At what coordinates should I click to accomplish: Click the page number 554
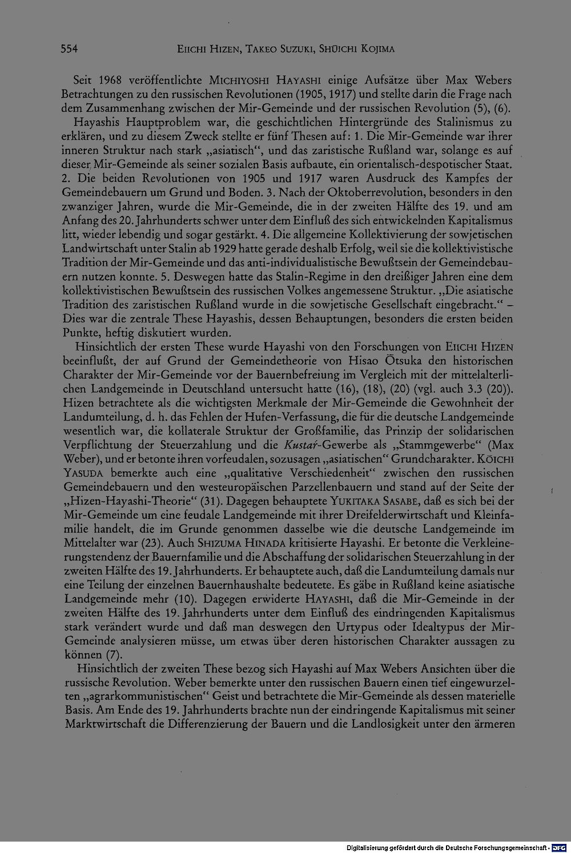[69, 49]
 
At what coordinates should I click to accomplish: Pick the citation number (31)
[207, 501]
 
